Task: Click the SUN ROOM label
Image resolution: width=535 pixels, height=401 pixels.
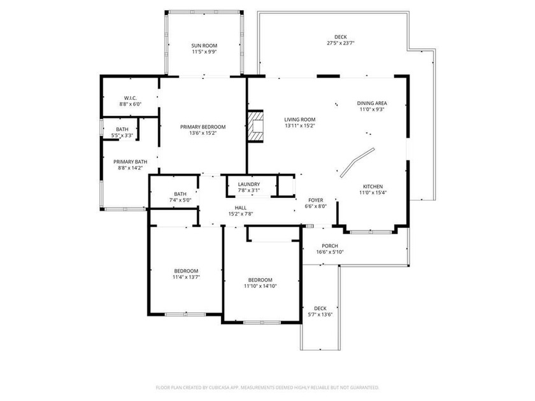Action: pos(204,46)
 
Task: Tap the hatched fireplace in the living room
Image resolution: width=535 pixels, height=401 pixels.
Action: pos(255,126)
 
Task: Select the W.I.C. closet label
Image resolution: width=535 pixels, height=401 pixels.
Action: pos(131,98)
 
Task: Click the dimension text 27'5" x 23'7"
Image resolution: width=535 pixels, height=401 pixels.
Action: pos(341,43)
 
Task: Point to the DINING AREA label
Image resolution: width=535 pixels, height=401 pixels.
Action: pos(372,103)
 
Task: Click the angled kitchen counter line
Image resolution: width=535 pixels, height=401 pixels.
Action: pos(357,162)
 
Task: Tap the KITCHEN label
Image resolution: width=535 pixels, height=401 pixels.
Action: pos(373,186)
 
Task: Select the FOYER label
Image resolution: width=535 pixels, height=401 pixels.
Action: pos(316,200)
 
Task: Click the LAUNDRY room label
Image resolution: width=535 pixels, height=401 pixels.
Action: pos(249,184)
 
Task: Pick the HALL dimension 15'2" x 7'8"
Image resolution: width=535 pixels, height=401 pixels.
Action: pos(241,214)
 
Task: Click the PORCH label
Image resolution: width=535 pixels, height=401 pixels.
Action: pos(330,246)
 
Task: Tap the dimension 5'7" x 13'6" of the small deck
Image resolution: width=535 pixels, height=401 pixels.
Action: pos(320,314)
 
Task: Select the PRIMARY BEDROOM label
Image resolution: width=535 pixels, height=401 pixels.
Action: pos(203,127)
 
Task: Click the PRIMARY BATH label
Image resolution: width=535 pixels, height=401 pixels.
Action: pos(131,162)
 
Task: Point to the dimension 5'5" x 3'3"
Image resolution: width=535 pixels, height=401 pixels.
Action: pos(122,136)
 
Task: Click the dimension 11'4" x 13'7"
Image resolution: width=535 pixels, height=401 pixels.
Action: pos(186,278)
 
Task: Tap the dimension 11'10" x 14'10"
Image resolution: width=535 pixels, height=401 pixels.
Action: pos(260,286)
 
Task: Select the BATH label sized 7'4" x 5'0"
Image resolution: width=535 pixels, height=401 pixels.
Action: pos(180,194)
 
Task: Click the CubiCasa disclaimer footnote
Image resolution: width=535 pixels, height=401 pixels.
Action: pos(267,388)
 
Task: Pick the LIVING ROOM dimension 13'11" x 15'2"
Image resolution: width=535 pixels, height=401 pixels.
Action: pos(300,125)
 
